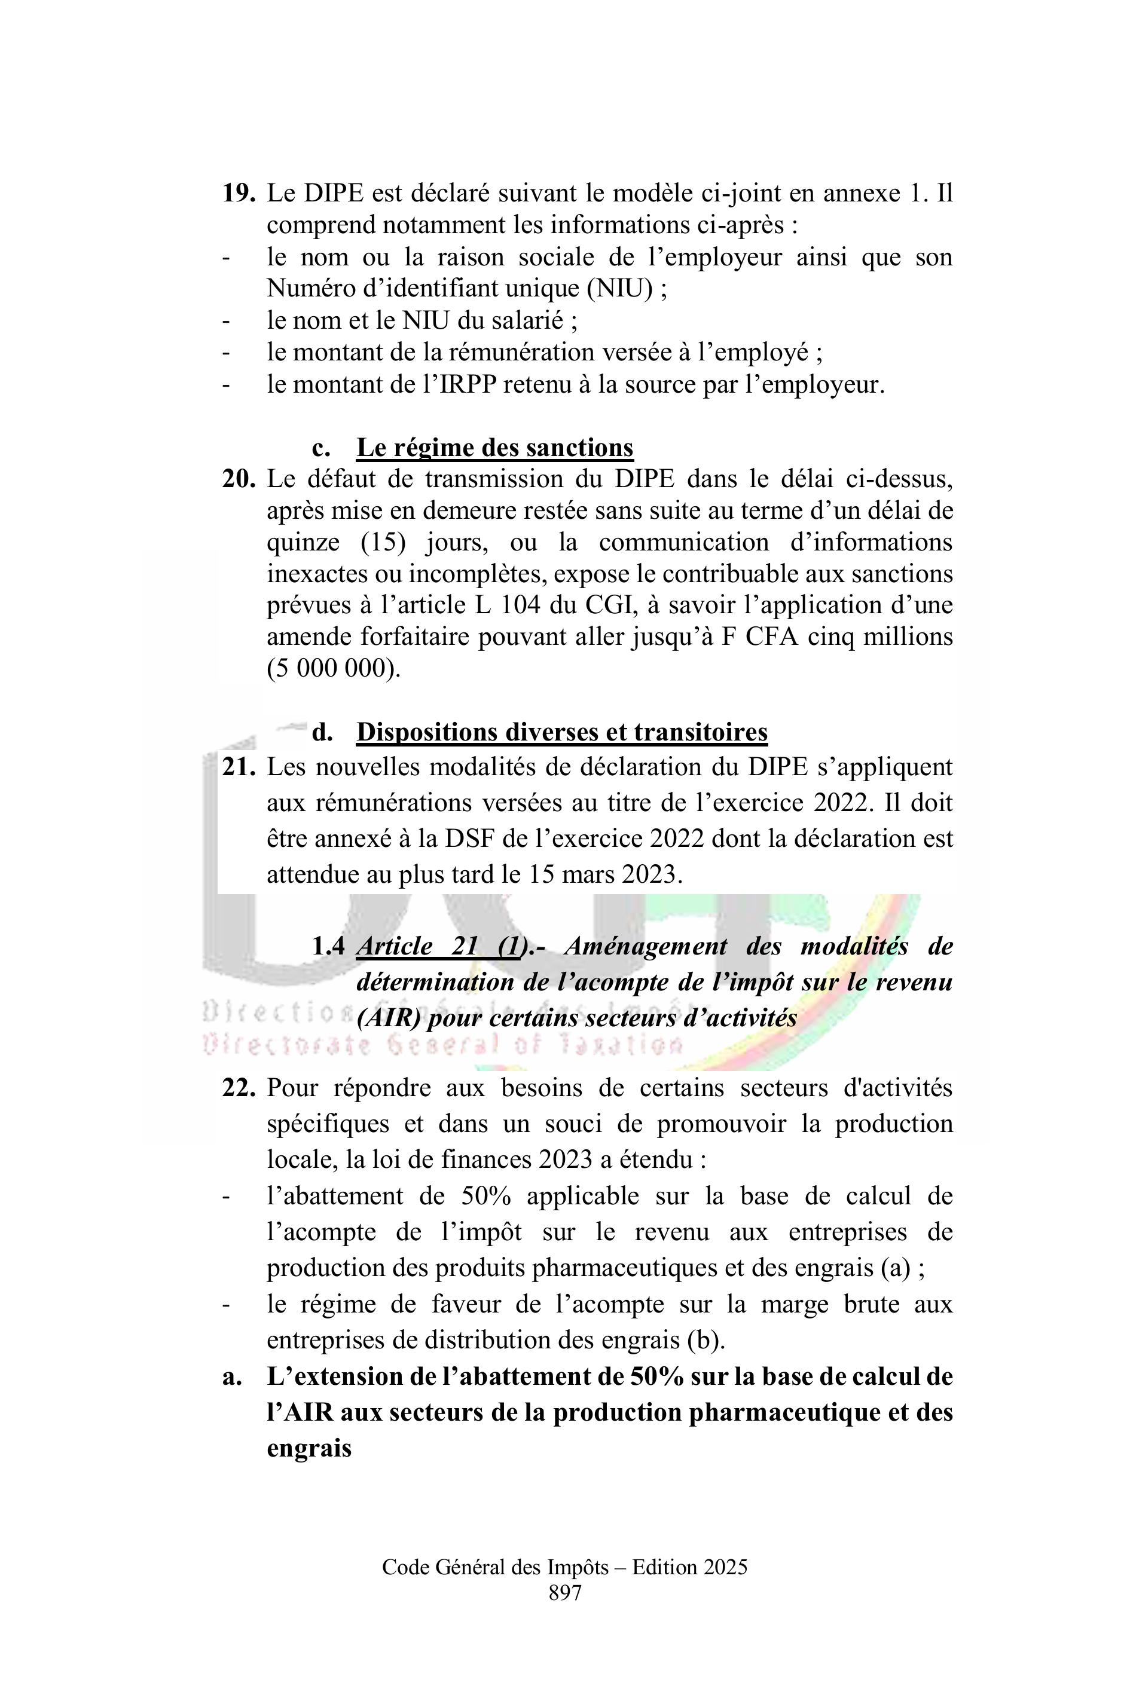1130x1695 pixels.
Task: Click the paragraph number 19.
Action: click(x=238, y=194)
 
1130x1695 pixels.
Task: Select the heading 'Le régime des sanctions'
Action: click(x=494, y=448)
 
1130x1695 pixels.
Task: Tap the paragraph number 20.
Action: click(x=238, y=479)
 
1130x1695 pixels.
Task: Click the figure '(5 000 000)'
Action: click(x=332, y=669)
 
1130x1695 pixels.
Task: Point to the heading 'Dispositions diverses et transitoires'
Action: click(x=561, y=733)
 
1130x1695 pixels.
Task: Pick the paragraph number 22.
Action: click(x=238, y=1088)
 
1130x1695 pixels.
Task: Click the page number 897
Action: click(x=564, y=1593)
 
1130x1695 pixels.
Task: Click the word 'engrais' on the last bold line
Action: click(x=309, y=1448)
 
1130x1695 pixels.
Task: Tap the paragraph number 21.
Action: click(x=238, y=768)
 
